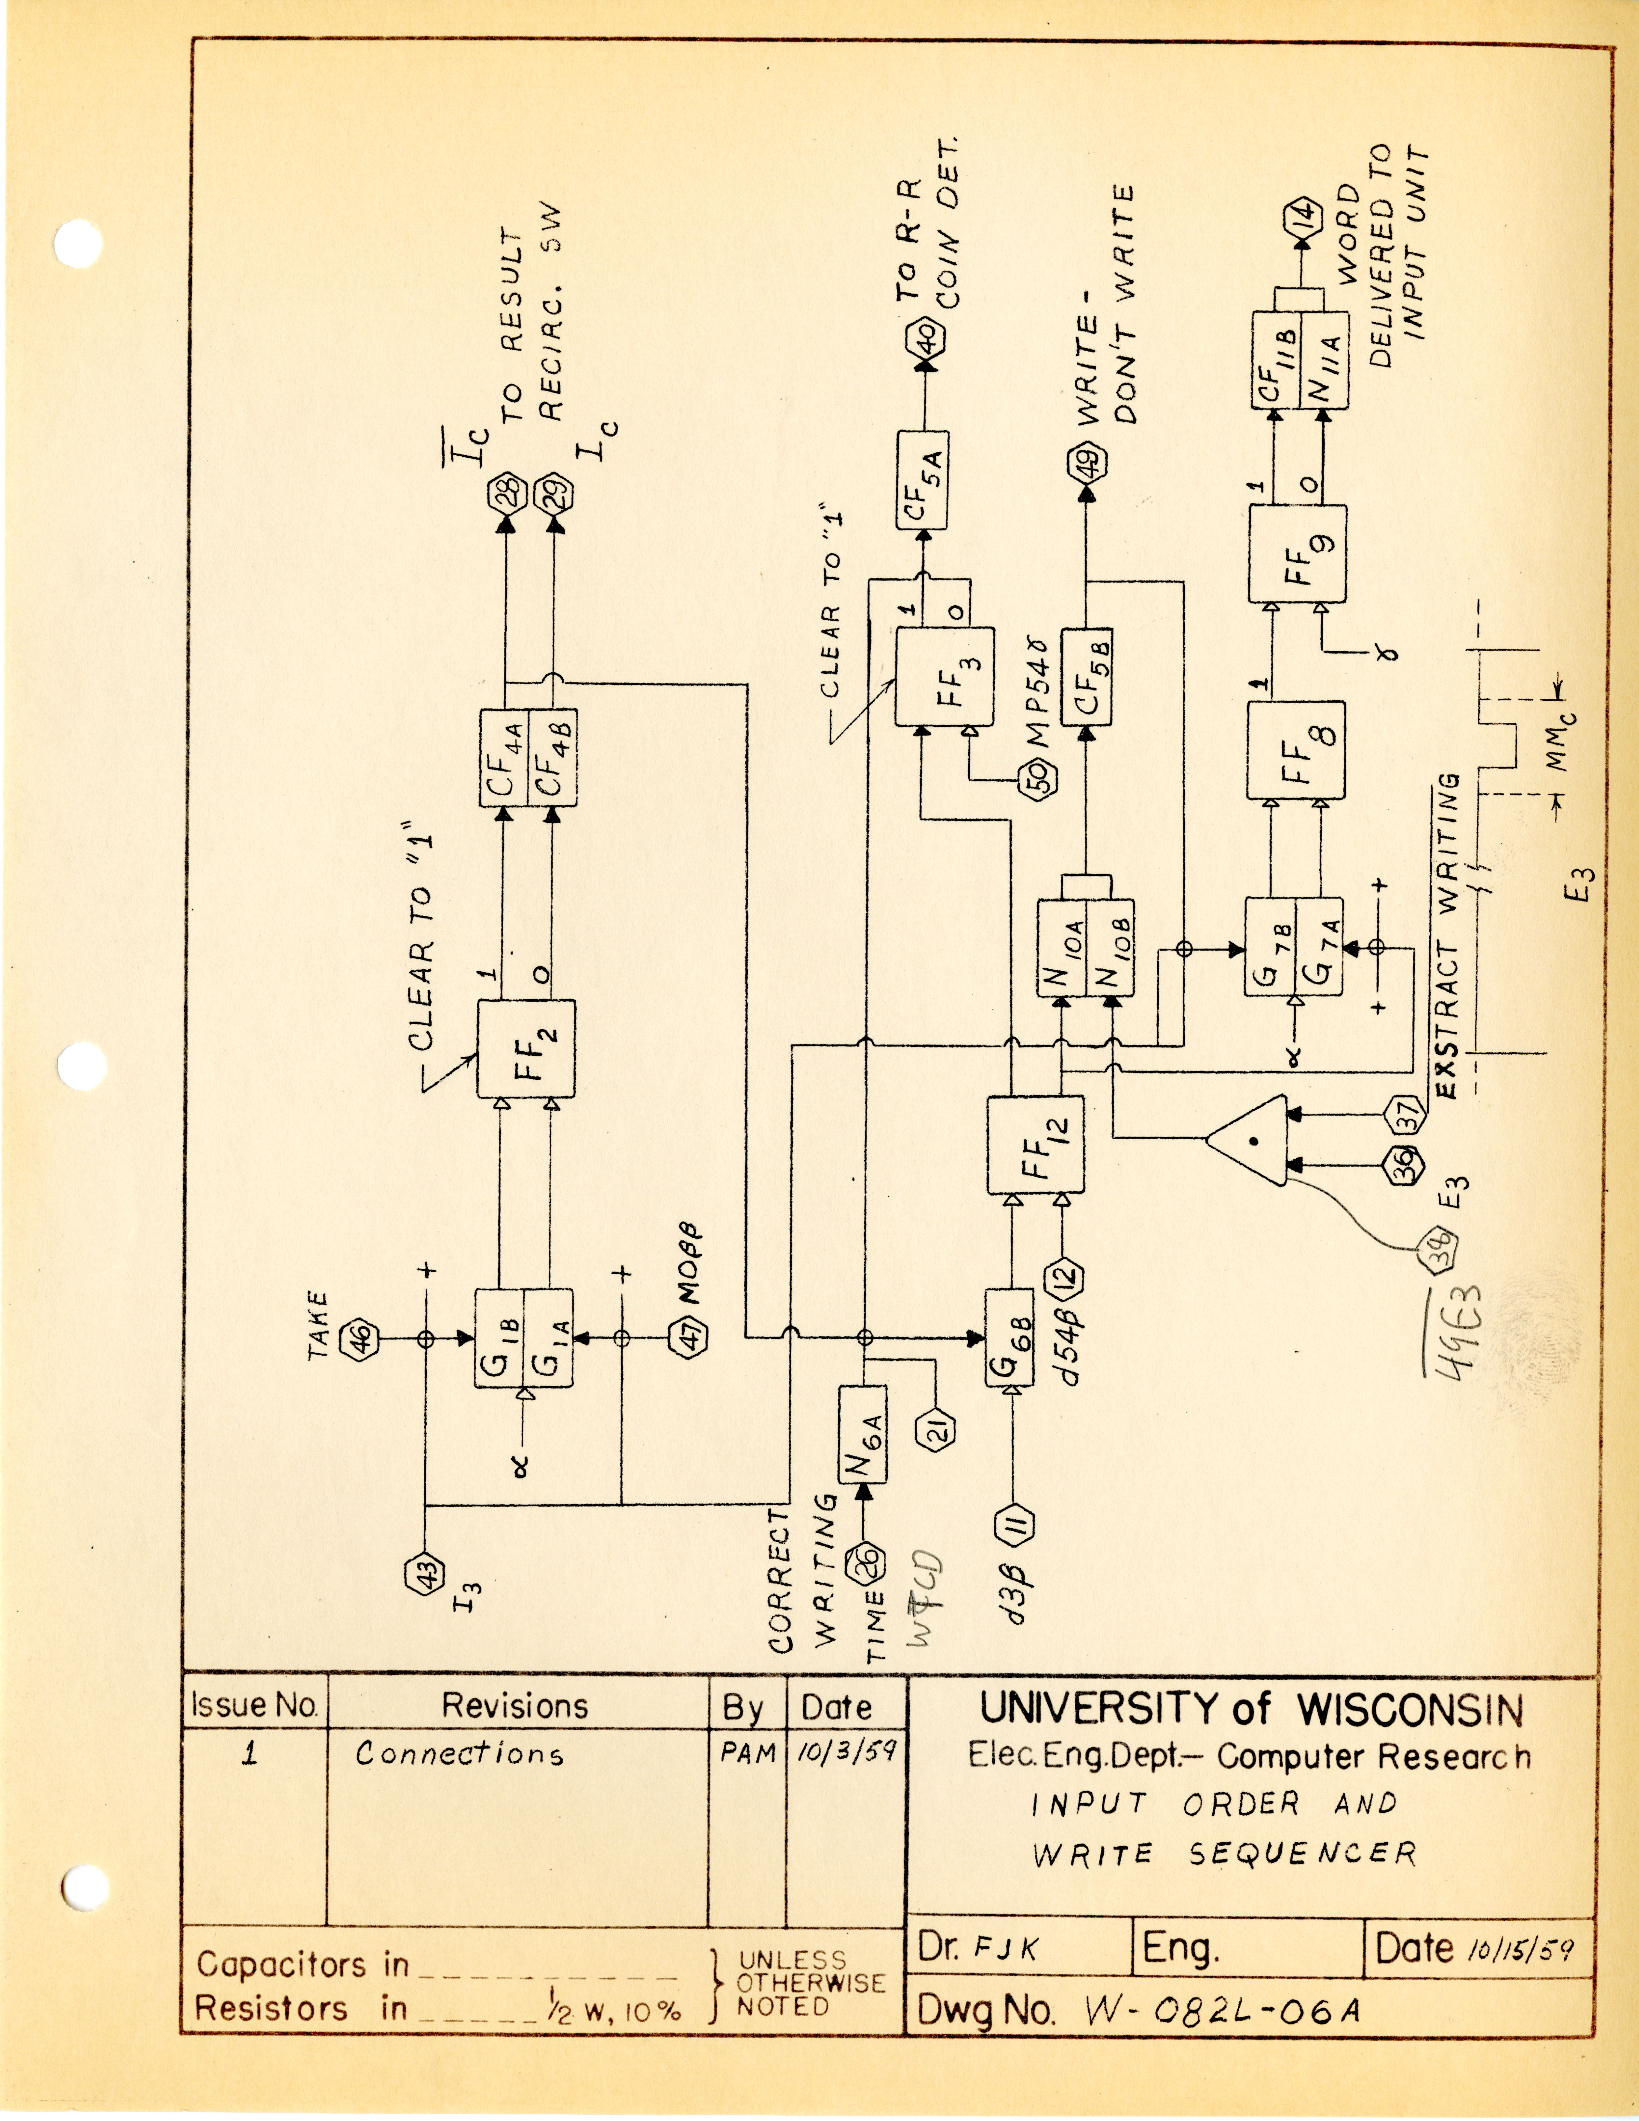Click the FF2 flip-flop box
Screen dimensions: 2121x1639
coord(525,1049)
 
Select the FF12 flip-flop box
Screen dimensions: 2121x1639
coord(1035,1146)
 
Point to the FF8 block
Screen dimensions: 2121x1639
coord(1295,751)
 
